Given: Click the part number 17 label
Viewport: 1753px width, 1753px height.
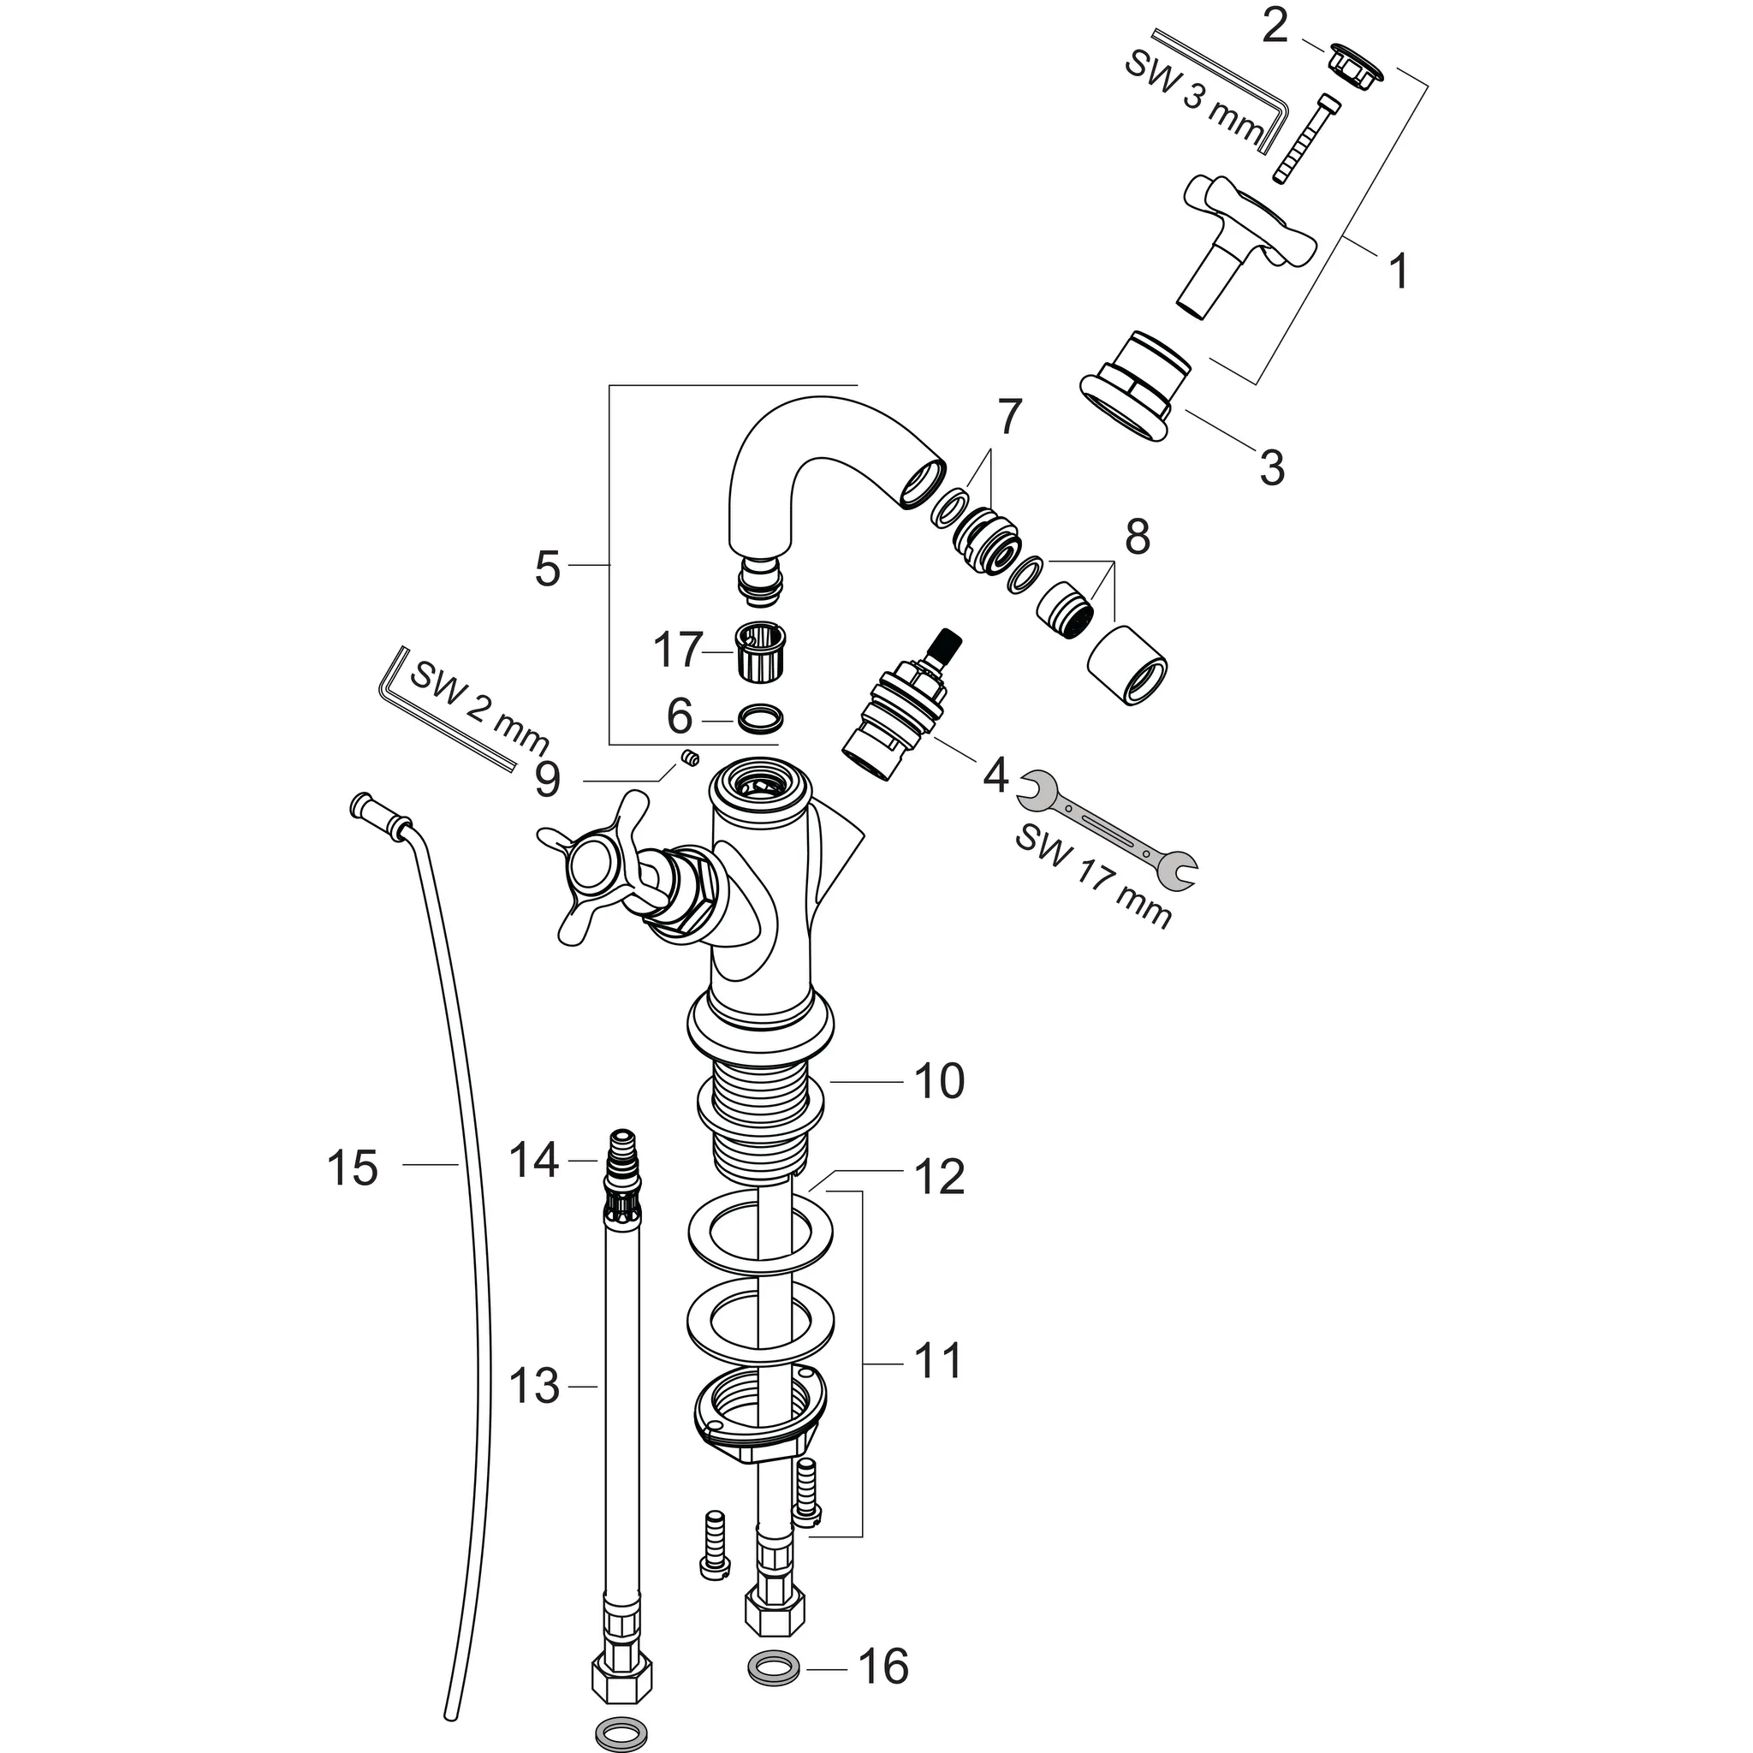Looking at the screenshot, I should coord(678,651).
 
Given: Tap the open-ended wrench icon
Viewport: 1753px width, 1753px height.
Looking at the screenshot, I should coord(1108,829).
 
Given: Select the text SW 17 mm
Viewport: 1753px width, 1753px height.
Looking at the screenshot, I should coord(1092,876).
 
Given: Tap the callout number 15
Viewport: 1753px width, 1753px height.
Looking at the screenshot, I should coord(352,1168).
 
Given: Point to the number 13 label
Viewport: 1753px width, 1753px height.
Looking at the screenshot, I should coord(533,1386).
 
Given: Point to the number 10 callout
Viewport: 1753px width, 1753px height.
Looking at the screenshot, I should coord(938,1081).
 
